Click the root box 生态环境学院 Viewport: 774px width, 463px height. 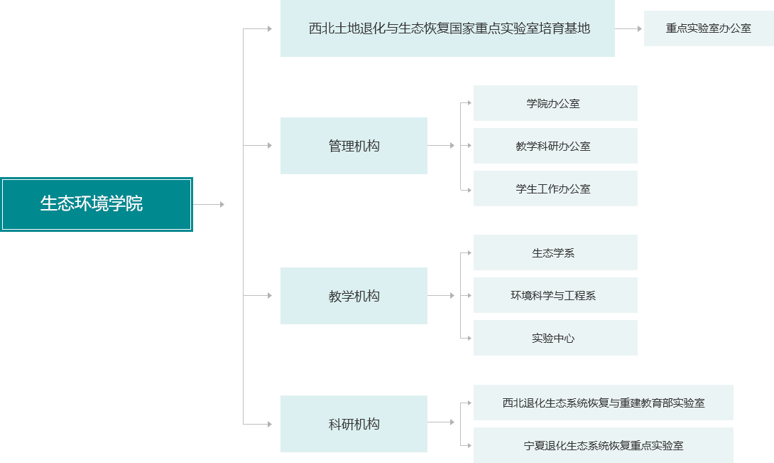[97, 204]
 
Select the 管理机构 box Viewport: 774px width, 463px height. [354, 146]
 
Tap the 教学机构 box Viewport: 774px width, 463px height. [354, 296]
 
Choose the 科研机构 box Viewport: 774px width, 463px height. [354, 424]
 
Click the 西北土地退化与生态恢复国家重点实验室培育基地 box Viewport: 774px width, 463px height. [447, 28]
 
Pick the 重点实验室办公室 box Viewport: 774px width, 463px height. [708, 28]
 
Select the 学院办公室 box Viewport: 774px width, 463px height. [555, 104]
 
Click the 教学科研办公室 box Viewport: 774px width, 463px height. [555, 147]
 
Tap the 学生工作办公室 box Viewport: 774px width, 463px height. [555, 189]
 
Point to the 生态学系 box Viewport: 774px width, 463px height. [555, 253]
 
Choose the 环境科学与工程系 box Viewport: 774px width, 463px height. [555, 296]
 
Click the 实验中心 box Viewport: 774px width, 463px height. [555, 339]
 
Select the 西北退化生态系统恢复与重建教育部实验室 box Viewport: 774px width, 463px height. [603, 403]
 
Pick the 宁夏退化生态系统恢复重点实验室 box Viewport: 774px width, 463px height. [603, 445]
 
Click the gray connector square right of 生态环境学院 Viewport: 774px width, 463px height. [222, 205]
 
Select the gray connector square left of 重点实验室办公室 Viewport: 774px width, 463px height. [640, 29]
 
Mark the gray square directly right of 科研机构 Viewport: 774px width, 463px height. [452, 422]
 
